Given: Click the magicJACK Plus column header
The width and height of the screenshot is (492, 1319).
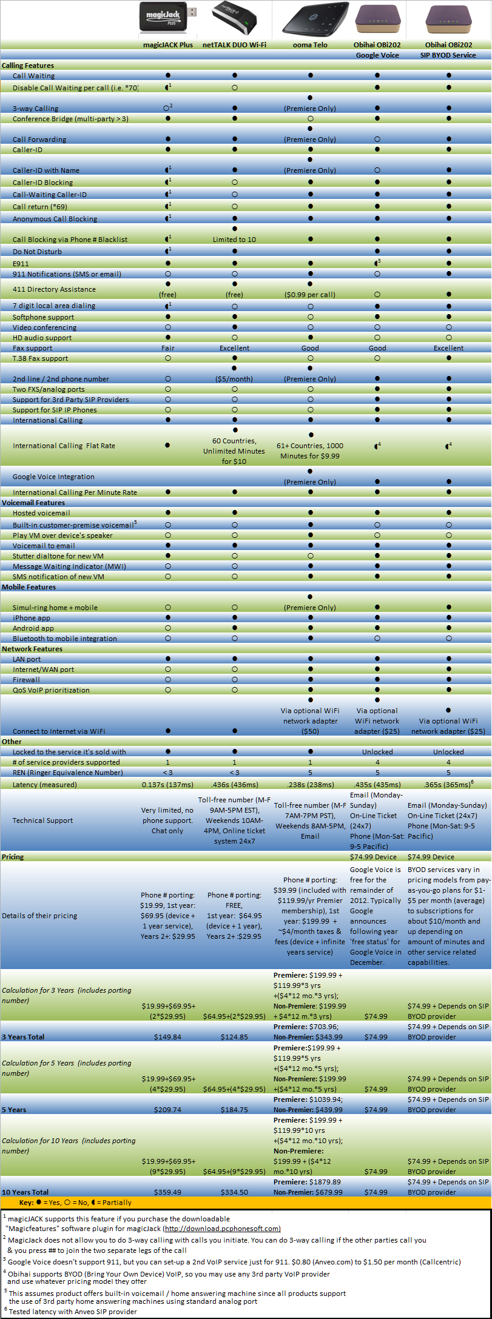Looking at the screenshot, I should point(167,45).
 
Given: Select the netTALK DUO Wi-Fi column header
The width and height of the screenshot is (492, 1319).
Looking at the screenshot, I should point(234,45).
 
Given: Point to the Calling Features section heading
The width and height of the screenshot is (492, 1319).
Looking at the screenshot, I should point(28,65).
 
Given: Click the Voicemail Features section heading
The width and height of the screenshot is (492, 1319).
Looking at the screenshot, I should point(33,503).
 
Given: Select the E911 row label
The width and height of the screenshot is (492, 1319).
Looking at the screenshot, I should point(21,264).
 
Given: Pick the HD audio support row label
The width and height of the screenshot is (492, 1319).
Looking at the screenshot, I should point(42,338).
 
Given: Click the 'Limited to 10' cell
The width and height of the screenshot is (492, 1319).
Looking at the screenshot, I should point(234,240).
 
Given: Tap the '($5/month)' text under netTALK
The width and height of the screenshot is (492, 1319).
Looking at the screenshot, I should point(234,379).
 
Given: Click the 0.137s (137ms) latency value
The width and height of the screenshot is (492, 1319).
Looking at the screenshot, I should point(167,785).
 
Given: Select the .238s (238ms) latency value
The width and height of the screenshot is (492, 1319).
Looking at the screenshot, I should point(310,785).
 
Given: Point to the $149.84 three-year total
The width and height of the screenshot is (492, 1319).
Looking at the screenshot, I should point(167,1037).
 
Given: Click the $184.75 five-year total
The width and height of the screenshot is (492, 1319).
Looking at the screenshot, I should point(234,1110).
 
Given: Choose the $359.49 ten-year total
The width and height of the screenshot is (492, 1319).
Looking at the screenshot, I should point(167,1192).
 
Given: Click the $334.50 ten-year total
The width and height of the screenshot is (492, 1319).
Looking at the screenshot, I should point(234,1192).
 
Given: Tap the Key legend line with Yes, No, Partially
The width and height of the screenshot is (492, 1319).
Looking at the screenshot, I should point(75,1203).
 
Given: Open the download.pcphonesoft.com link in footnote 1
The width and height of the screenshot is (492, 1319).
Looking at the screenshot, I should point(222,1229).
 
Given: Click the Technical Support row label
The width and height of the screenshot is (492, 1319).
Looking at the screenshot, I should point(42,821).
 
